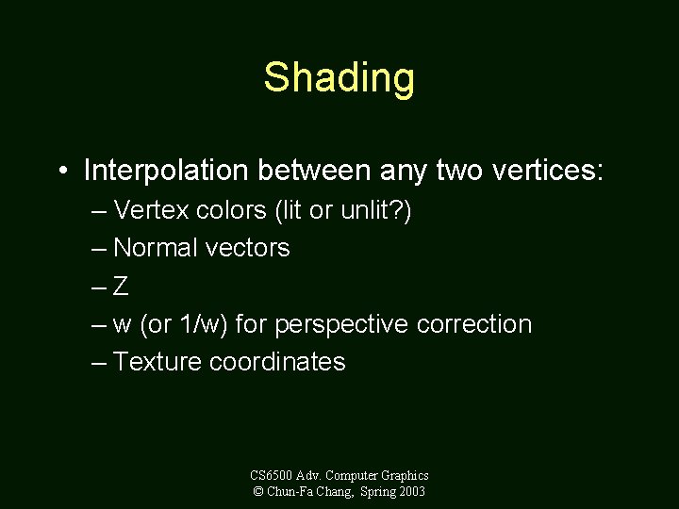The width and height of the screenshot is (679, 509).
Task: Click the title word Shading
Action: coord(339,77)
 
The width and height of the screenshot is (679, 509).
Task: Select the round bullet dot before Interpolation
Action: coord(61,172)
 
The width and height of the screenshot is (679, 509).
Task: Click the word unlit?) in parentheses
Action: coord(375,210)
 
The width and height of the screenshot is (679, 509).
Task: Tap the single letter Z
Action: coord(121,287)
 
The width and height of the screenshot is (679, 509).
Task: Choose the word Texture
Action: coord(157,362)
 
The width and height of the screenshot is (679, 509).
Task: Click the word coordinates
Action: coord(277,362)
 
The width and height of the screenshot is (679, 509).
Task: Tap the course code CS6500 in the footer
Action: coord(272,476)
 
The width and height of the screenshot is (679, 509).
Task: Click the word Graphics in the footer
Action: coord(406,476)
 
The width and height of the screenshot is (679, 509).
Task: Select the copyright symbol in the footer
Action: coord(258,492)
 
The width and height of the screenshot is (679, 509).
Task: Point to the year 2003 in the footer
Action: coord(412,492)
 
